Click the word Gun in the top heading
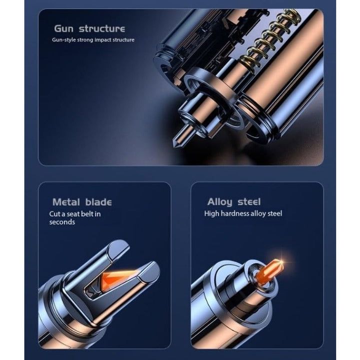tap(64, 28)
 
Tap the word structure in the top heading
tap(102, 28)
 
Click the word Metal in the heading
tap(66, 202)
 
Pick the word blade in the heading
tap(98, 202)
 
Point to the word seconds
tap(62, 222)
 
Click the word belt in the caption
tap(87, 214)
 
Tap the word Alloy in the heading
tap(219, 202)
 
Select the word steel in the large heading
tap(249, 202)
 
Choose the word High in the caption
tap(211, 213)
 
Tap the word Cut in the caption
tap(54, 214)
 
